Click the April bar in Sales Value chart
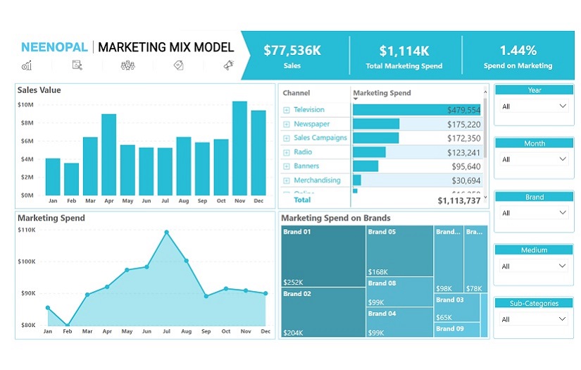tap(108, 155)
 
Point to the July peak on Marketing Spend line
tap(167, 232)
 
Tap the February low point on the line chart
tap(68, 326)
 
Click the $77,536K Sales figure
tap(292, 51)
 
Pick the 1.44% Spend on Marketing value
tap(518, 51)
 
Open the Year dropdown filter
tap(535, 106)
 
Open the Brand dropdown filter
tap(535, 214)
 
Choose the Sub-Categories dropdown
tap(535, 319)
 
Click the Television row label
tap(309, 110)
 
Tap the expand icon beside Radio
tap(287, 152)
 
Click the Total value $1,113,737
tap(458, 201)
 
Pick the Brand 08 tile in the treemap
tap(399, 292)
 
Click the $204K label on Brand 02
tap(293, 333)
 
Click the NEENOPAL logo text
tap(54, 48)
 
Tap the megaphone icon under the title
tap(228, 66)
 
